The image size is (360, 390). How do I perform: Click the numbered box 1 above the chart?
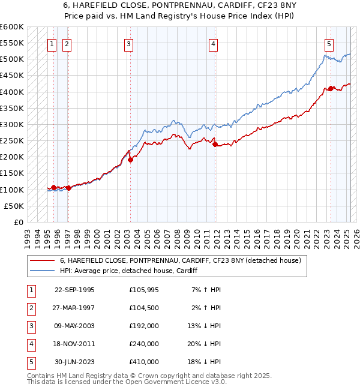coord(52,43)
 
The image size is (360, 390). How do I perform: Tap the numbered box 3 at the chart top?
coord(129,43)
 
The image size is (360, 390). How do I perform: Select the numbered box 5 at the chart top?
coord(329,43)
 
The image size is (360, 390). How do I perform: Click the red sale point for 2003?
coord(131,160)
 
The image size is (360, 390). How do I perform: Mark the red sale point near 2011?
coord(215,144)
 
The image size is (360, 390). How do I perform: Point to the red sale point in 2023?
coord(331,89)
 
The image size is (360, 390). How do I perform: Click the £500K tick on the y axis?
coord(12,59)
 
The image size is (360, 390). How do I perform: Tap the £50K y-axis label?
coord(14,206)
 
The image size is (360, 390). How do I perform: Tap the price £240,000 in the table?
coord(144,344)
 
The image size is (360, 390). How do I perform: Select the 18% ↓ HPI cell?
coord(206,362)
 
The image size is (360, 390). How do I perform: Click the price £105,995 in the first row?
coord(144,290)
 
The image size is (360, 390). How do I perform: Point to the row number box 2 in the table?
coord(30,308)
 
